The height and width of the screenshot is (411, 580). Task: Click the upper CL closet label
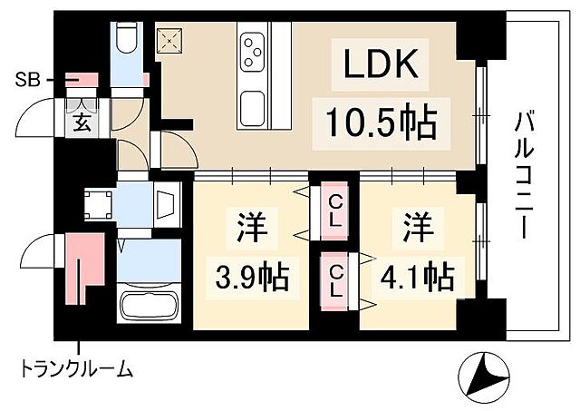coord(334,210)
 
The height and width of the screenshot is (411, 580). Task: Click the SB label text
coord(26,80)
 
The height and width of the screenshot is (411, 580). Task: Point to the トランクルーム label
coord(78,369)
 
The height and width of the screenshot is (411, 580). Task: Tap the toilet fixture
coord(126,38)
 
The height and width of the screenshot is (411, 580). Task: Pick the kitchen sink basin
coord(252,109)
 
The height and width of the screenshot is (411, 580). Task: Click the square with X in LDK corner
coord(169,39)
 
